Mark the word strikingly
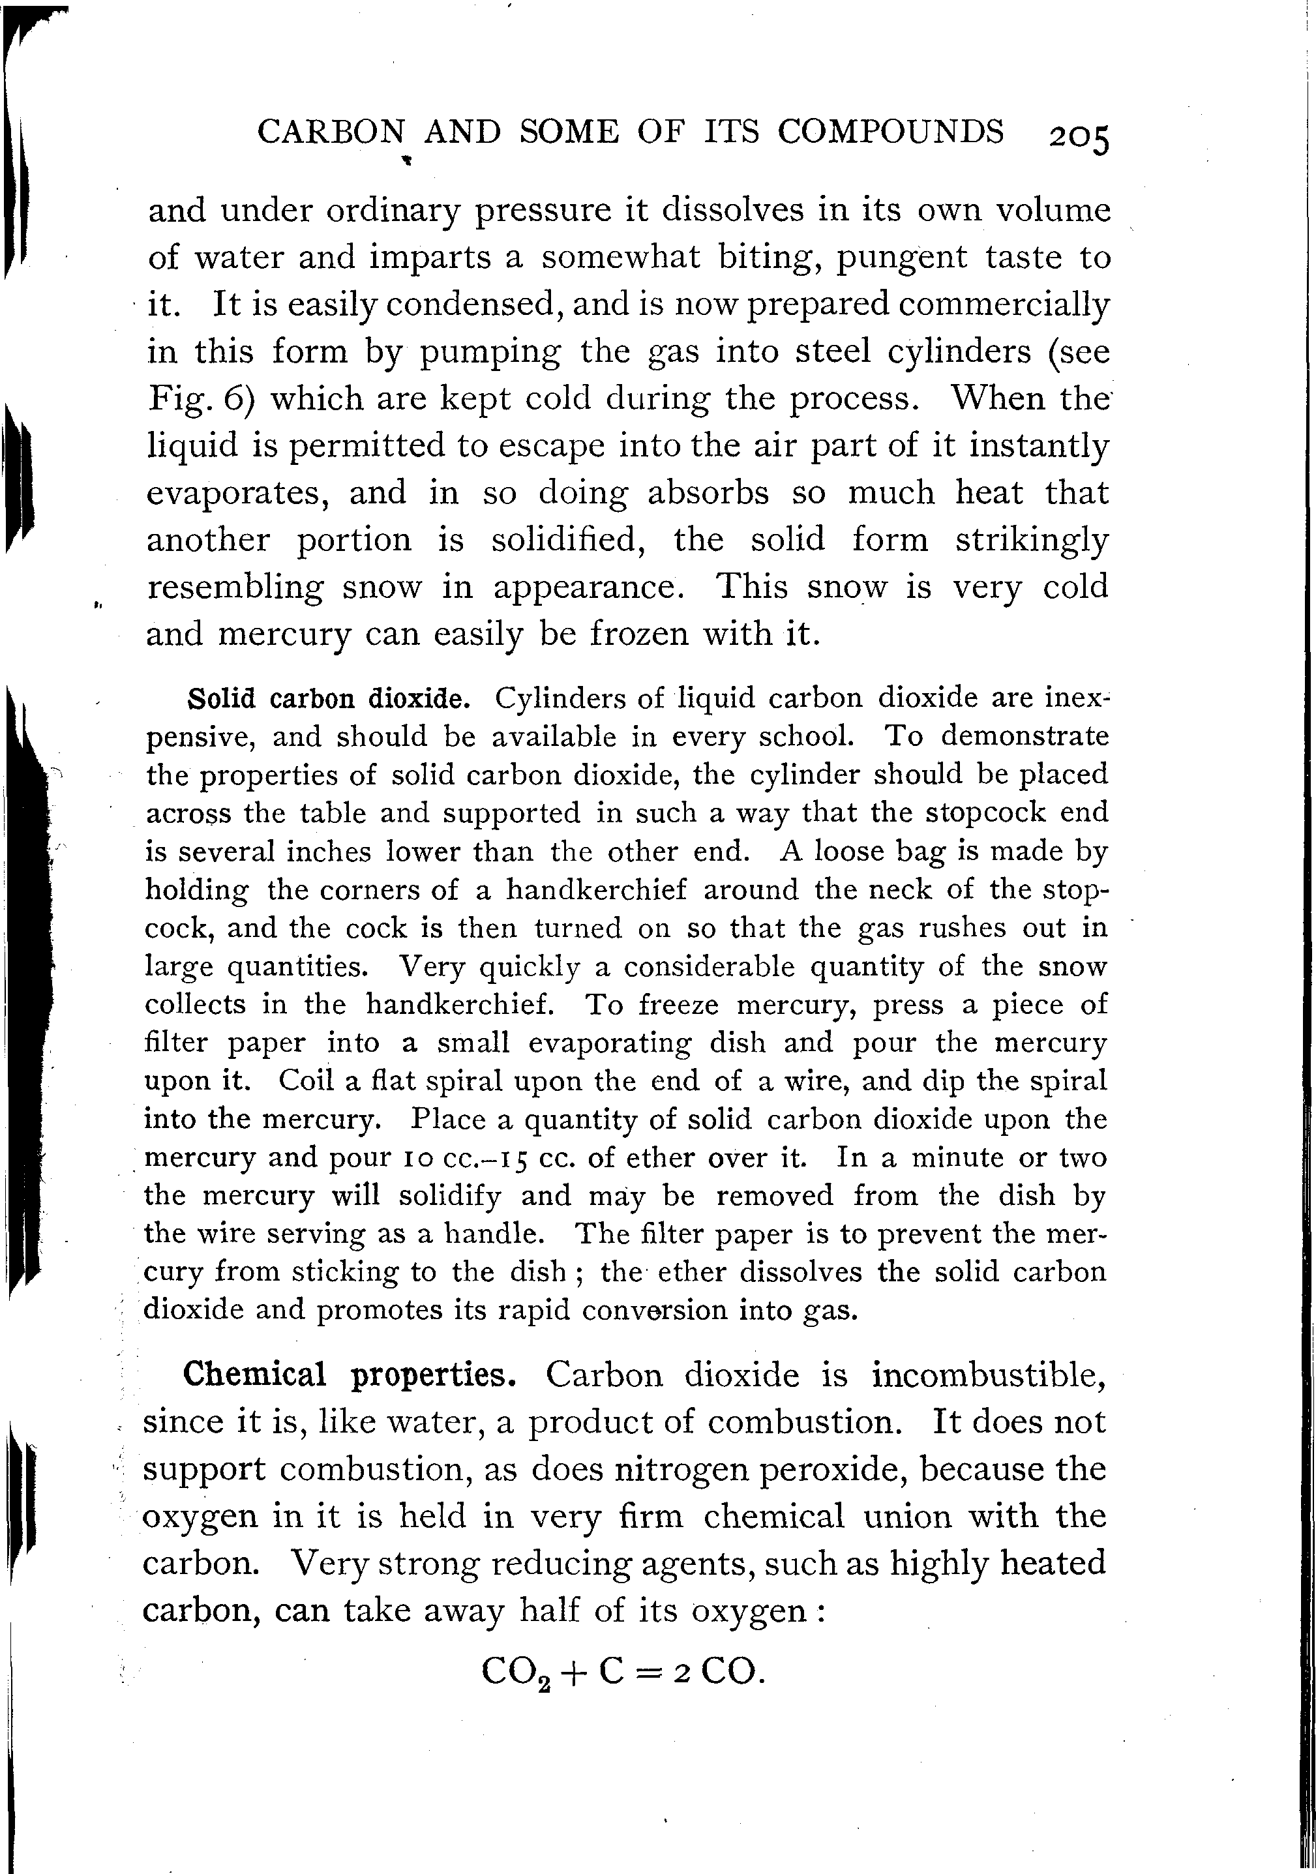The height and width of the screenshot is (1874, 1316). click(x=1031, y=541)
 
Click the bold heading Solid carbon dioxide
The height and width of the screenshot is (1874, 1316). click(x=329, y=700)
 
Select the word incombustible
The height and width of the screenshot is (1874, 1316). click(x=989, y=1375)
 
